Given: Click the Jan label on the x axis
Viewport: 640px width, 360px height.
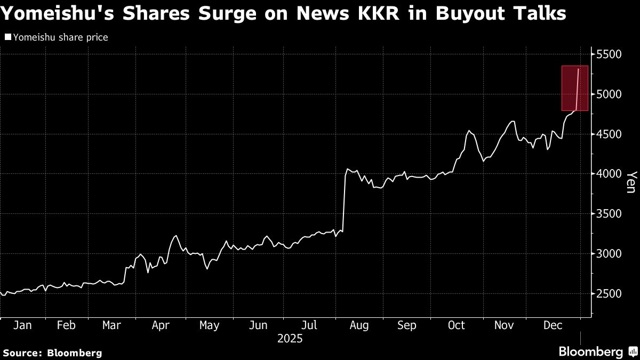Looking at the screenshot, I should [x=22, y=325].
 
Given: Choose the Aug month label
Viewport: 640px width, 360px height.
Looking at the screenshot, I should [x=359, y=325].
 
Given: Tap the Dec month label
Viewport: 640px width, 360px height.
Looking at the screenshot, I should [x=553, y=325].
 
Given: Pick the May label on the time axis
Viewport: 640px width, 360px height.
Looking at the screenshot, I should [x=209, y=325].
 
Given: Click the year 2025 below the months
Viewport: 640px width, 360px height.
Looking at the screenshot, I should [x=290, y=339].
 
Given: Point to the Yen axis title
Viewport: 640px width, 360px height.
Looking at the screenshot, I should [x=631, y=182].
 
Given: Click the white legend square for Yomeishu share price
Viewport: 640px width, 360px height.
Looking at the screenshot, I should [x=7, y=37].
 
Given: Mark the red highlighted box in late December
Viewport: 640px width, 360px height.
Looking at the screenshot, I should [x=574, y=88].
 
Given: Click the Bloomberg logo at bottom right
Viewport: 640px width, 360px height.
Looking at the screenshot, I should [x=590, y=351].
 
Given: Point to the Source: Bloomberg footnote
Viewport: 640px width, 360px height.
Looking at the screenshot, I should [x=52, y=353].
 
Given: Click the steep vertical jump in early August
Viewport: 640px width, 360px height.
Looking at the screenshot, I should [x=344, y=203].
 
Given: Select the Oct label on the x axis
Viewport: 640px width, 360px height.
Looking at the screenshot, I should [x=457, y=325].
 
